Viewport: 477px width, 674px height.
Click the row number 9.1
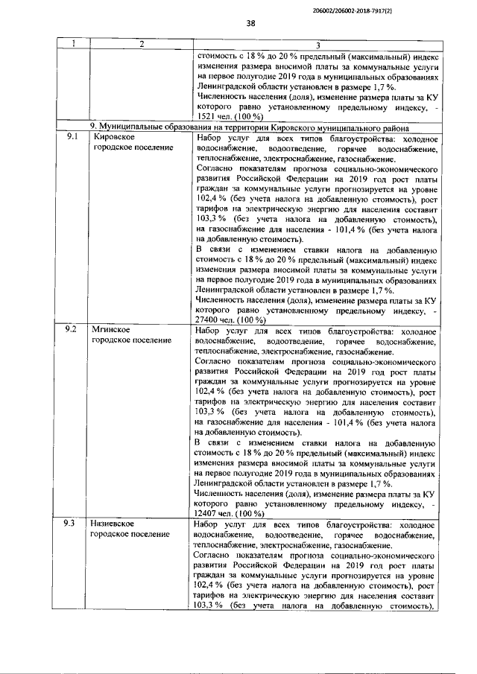pos(72,138)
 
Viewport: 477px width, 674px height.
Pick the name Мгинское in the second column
pos(112,329)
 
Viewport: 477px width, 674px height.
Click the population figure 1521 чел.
pos(215,118)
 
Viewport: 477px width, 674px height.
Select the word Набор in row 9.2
pos(208,329)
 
